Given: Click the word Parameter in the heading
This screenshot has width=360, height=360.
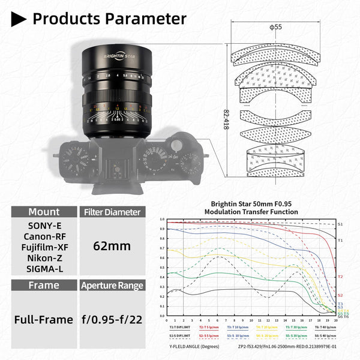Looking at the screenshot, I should tap(147, 19).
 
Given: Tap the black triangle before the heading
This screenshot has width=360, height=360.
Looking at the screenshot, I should tap(19, 19).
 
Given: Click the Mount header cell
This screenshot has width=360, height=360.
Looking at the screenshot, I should tap(44, 212).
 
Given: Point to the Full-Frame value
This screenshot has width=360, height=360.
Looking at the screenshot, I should tap(44, 320).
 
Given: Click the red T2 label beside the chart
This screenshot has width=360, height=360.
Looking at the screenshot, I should tap(340, 277).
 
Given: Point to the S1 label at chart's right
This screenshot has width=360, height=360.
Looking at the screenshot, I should tap(340, 224).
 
